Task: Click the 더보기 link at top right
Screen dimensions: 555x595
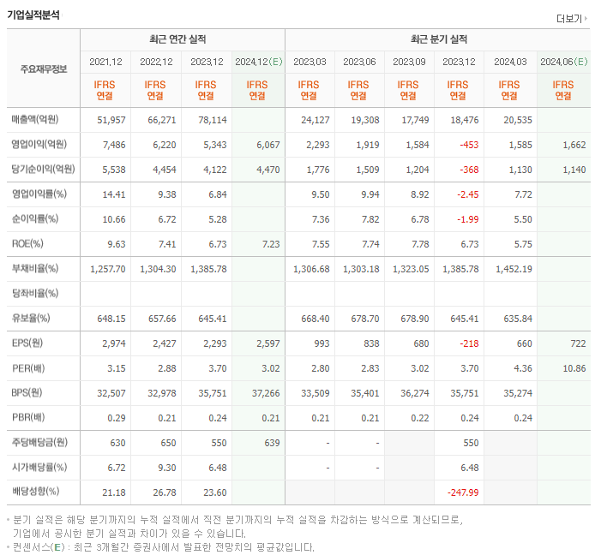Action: (571, 19)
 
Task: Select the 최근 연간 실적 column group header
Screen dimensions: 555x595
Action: (182, 39)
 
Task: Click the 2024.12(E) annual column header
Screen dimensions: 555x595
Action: (257, 62)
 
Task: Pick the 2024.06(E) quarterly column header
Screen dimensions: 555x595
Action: (562, 62)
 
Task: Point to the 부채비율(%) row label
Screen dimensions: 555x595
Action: (35, 269)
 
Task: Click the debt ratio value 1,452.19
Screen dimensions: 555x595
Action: (514, 269)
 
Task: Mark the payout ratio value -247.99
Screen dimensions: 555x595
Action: (463, 492)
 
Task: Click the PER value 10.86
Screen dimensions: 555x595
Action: (574, 368)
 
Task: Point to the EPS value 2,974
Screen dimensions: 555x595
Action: (112, 343)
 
